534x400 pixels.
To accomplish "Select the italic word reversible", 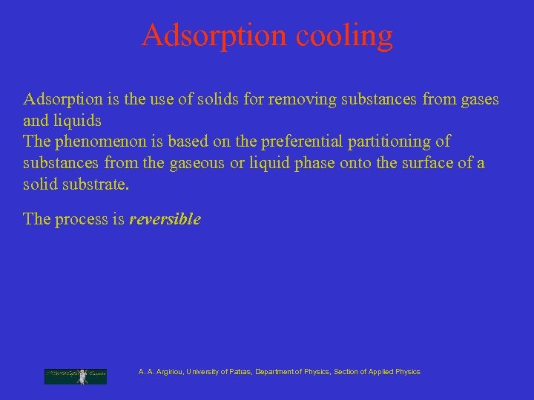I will pos(165,220).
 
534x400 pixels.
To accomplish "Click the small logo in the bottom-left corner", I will pos(76,376).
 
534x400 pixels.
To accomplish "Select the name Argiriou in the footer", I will pos(170,372).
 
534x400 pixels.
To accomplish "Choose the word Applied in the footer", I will pos(380,372).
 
